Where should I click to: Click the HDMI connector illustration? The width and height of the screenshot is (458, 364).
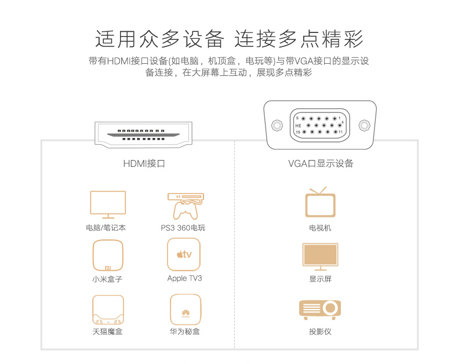pos(144,134)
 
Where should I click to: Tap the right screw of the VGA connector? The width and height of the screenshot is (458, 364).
pos(364,125)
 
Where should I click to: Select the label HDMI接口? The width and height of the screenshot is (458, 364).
pos(144,164)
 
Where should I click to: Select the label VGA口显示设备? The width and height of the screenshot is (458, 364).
pos(321,164)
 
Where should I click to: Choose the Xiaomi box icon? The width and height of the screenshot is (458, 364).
pos(108,255)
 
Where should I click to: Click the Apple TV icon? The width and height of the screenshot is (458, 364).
pos(184,254)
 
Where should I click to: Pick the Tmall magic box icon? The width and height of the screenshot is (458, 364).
pos(108,310)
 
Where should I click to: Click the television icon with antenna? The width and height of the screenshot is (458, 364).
pos(320,203)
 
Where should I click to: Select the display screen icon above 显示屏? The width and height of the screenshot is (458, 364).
pos(320,257)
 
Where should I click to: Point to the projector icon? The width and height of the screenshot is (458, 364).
pos(320,308)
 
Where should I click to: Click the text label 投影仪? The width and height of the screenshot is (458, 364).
pos(320,332)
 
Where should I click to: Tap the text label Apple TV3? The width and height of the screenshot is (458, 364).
pos(184,278)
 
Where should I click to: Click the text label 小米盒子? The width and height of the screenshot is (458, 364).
pos(107,279)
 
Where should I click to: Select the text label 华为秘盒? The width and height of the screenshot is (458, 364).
pos(185,332)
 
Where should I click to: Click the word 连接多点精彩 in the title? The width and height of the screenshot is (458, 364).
pos(299,39)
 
